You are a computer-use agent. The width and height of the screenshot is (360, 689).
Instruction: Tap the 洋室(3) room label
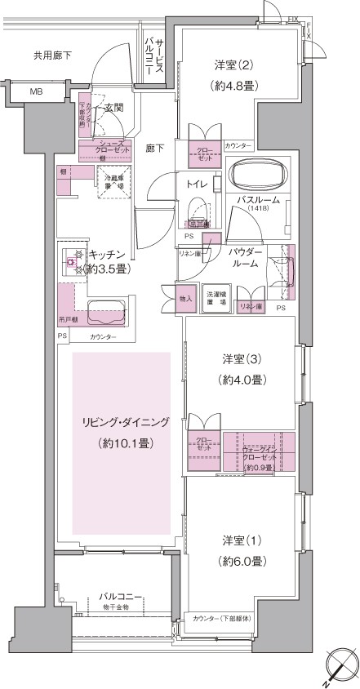click(x=241, y=358)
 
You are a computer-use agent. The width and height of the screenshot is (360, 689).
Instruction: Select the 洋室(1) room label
click(x=241, y=540)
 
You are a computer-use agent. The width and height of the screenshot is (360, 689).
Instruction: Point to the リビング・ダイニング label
click(x=124, y=422)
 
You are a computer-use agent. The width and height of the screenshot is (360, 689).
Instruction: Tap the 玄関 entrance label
click(x=113, y=107)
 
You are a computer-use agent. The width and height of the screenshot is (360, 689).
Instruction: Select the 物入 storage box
click(x=186, y=299)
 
